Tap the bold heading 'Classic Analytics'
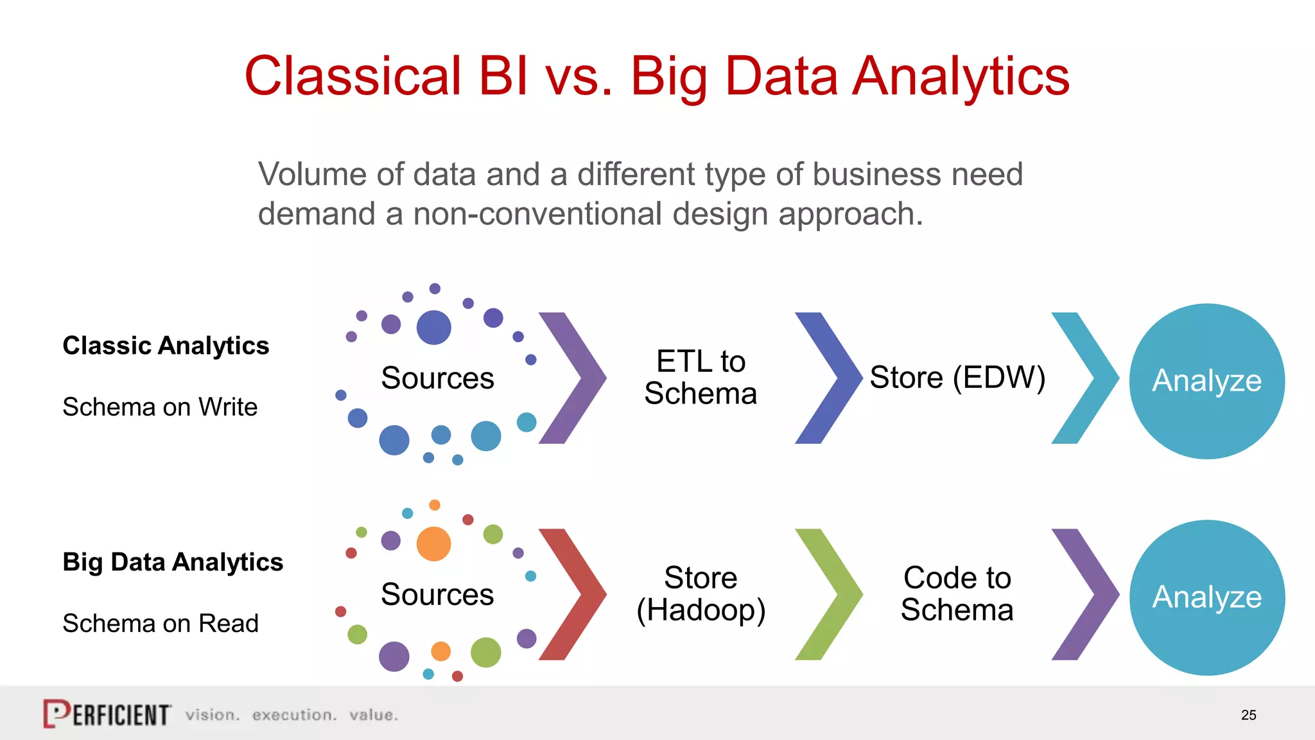tap(166, 346)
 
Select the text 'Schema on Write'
tap(160, 407)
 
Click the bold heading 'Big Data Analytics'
tap(173, 562)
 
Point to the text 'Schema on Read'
tap(161, 624)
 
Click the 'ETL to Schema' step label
tap(701, 378)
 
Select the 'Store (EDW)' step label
tap(957, 378)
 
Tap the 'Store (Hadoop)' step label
tap(701, 594)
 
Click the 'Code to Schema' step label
tap(957, 594)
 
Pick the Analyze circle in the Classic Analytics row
tap(1206, 381)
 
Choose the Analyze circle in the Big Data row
tap(1206, 597)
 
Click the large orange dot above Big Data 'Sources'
tap(433, 544)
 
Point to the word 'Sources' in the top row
tap(437, 378)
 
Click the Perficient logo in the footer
tap(107, 714)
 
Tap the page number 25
tap(1248, 715)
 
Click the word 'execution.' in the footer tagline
tap(294, 715)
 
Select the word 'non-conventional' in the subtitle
tap(537, 214)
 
